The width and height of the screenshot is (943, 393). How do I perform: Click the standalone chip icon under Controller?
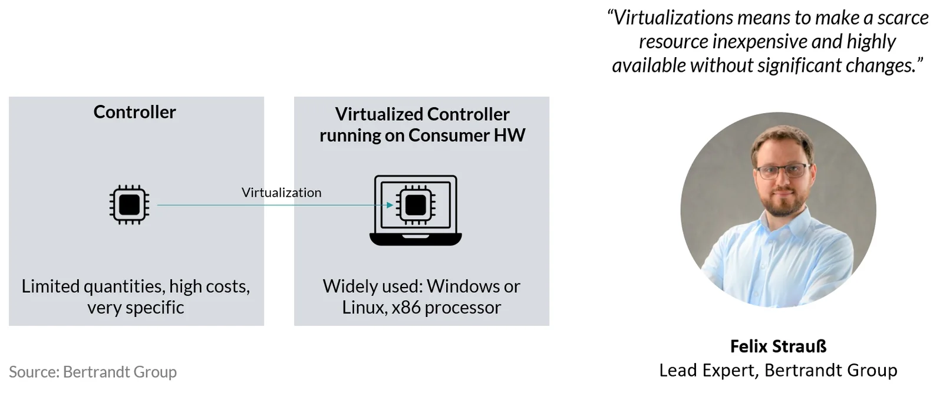tap(129, 205)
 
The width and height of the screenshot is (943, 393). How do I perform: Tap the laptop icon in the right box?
tap(416, 210)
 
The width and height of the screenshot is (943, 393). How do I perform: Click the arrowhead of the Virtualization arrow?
tap(390, 205)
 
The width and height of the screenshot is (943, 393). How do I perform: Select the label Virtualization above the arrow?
tap(281, 193)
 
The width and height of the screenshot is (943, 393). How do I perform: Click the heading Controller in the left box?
tap(135, 112)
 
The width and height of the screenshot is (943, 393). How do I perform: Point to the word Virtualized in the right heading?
tap(378, 114)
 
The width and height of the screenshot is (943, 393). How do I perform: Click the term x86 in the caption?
tap(406, 308)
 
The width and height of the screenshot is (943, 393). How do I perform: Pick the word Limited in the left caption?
tap(51, 286)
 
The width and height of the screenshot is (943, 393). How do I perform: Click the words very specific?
tap(136, 308)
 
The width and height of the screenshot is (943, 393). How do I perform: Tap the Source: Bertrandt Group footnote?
tap(93, 372)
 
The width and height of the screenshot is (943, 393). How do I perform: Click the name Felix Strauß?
tap(779, 346)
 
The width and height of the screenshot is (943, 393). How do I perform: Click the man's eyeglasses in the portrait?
tap(782, 171)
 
